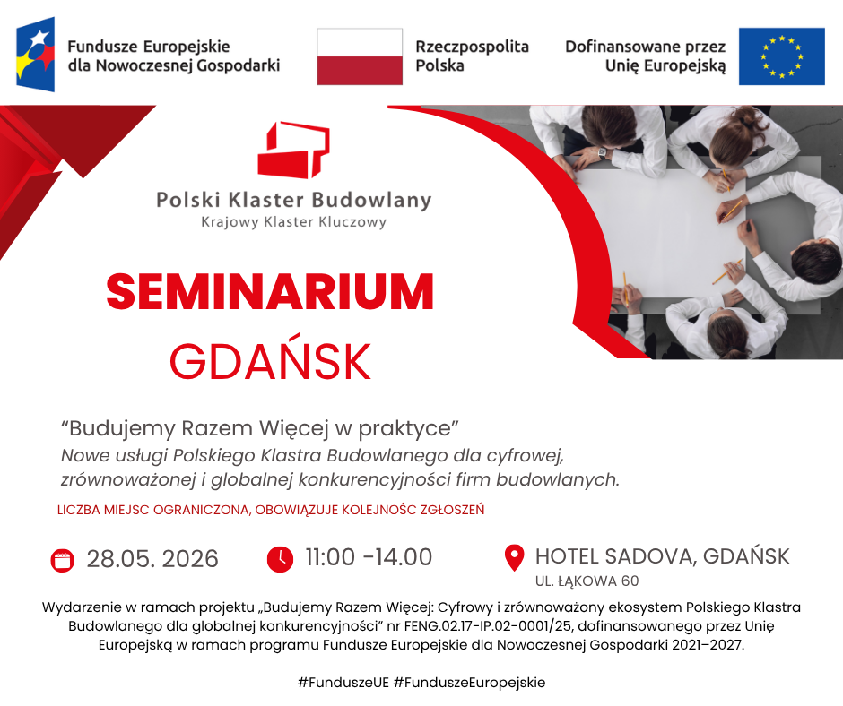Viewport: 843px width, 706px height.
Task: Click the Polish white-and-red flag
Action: pyautogui.click(x=360, y=56)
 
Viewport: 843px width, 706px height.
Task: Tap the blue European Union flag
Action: pyautogui.click(x=781, y=56)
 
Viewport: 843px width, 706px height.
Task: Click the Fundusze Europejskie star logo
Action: pyautogui.click(x=36, y=55)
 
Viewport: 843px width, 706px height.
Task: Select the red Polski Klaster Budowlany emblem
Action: pyautogui.click(x=293, y=150)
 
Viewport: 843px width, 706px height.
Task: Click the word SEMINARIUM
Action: pyautogui.click(x=270, y=292)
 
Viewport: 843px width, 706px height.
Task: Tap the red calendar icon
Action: pyautogui.click(x=63, y=560)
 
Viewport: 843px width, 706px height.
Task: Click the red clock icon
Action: pyautogui.click(x=280, y=559)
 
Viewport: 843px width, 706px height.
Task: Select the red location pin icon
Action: pyautogui.click(x=515, y=558)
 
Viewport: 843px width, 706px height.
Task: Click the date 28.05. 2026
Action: pyautogui.click(x=152, y=559)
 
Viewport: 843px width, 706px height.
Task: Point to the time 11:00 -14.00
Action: pyautogui.click(x=369, y=557)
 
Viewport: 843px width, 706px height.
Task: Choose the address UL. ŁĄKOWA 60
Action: pyautogui.click(x=587, y=581)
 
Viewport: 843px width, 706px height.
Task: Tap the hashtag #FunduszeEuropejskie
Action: pyautogui.click(x=469, y=683)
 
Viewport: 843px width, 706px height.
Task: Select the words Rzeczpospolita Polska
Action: pyautogui.click(x=472, y=56)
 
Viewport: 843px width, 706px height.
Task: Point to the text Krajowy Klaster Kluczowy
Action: pyautogui.click(x=293, y=222)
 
